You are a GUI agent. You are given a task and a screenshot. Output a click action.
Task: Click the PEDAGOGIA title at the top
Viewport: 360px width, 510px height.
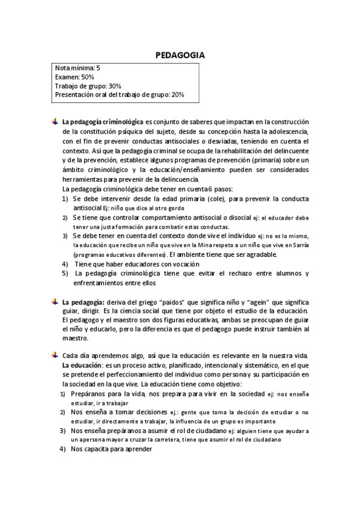click(180, 55)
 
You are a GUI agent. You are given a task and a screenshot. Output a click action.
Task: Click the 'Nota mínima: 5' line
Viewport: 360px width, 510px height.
click(78, 69)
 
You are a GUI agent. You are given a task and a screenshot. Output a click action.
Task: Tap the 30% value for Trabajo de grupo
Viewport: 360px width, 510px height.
click(115, 86)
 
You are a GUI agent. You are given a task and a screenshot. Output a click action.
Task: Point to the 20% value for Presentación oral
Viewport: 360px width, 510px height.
click(178, 94)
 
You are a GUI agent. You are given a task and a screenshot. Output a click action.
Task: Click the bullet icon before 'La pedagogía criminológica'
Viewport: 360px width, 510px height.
click(55, 121)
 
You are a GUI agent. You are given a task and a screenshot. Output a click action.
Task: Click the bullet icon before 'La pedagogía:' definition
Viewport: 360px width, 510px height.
click(55, 301)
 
